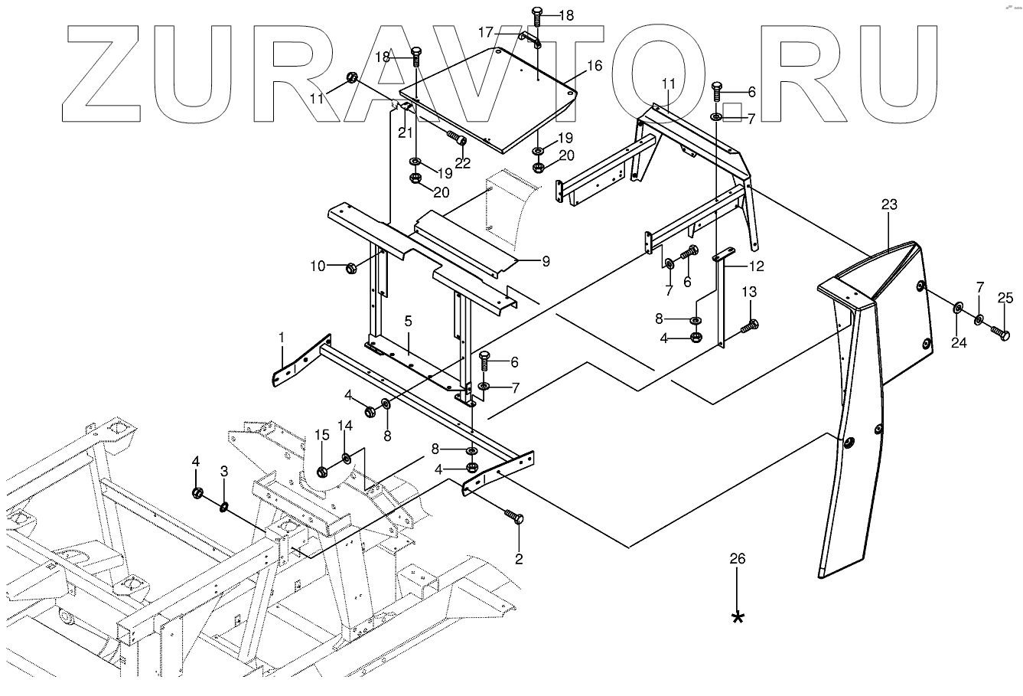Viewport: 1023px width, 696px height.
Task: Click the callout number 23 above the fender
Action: tap(888, 204)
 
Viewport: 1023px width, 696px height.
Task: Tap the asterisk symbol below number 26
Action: tap(738, 617)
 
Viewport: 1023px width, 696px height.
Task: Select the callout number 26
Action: tap(737, 559)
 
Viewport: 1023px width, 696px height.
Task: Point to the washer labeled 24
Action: tap(958, 309)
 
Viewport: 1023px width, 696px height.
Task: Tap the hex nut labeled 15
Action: tap(322, 469)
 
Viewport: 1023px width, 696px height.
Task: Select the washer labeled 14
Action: tap(347, 459)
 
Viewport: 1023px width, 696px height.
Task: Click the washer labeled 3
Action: tap(224, 507)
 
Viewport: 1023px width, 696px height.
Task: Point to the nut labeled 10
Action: tap(351, 267)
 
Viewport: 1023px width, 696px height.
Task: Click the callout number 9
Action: tap(546, 261)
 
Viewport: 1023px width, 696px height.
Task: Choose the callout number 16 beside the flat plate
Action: tap(595, 66)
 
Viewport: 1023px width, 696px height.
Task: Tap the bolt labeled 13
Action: tap(749, 327)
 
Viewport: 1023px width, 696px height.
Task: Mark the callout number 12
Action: tap(756, 266)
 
